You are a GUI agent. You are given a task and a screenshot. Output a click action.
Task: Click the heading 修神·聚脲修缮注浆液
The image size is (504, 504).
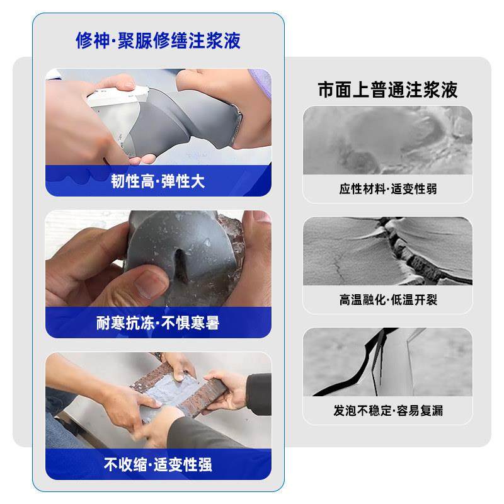click(158, 41)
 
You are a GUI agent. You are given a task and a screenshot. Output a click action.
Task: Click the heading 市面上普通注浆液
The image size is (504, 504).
click(387, 89)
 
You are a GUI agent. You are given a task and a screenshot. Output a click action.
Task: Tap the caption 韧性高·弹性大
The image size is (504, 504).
click(158, 181)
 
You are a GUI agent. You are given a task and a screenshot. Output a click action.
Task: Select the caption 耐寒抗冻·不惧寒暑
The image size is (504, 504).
click(158, 323)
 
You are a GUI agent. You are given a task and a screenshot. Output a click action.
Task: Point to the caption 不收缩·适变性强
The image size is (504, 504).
click(158, 465)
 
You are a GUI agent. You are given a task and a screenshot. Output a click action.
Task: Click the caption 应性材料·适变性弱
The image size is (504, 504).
click(387, 189)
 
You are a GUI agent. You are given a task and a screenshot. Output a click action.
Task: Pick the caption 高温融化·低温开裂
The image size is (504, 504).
click(387, 300)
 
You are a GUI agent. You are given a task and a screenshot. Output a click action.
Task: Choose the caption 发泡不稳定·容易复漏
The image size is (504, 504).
click(387, 410)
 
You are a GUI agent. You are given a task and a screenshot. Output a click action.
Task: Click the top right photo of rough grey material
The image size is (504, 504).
click(387, 140)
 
